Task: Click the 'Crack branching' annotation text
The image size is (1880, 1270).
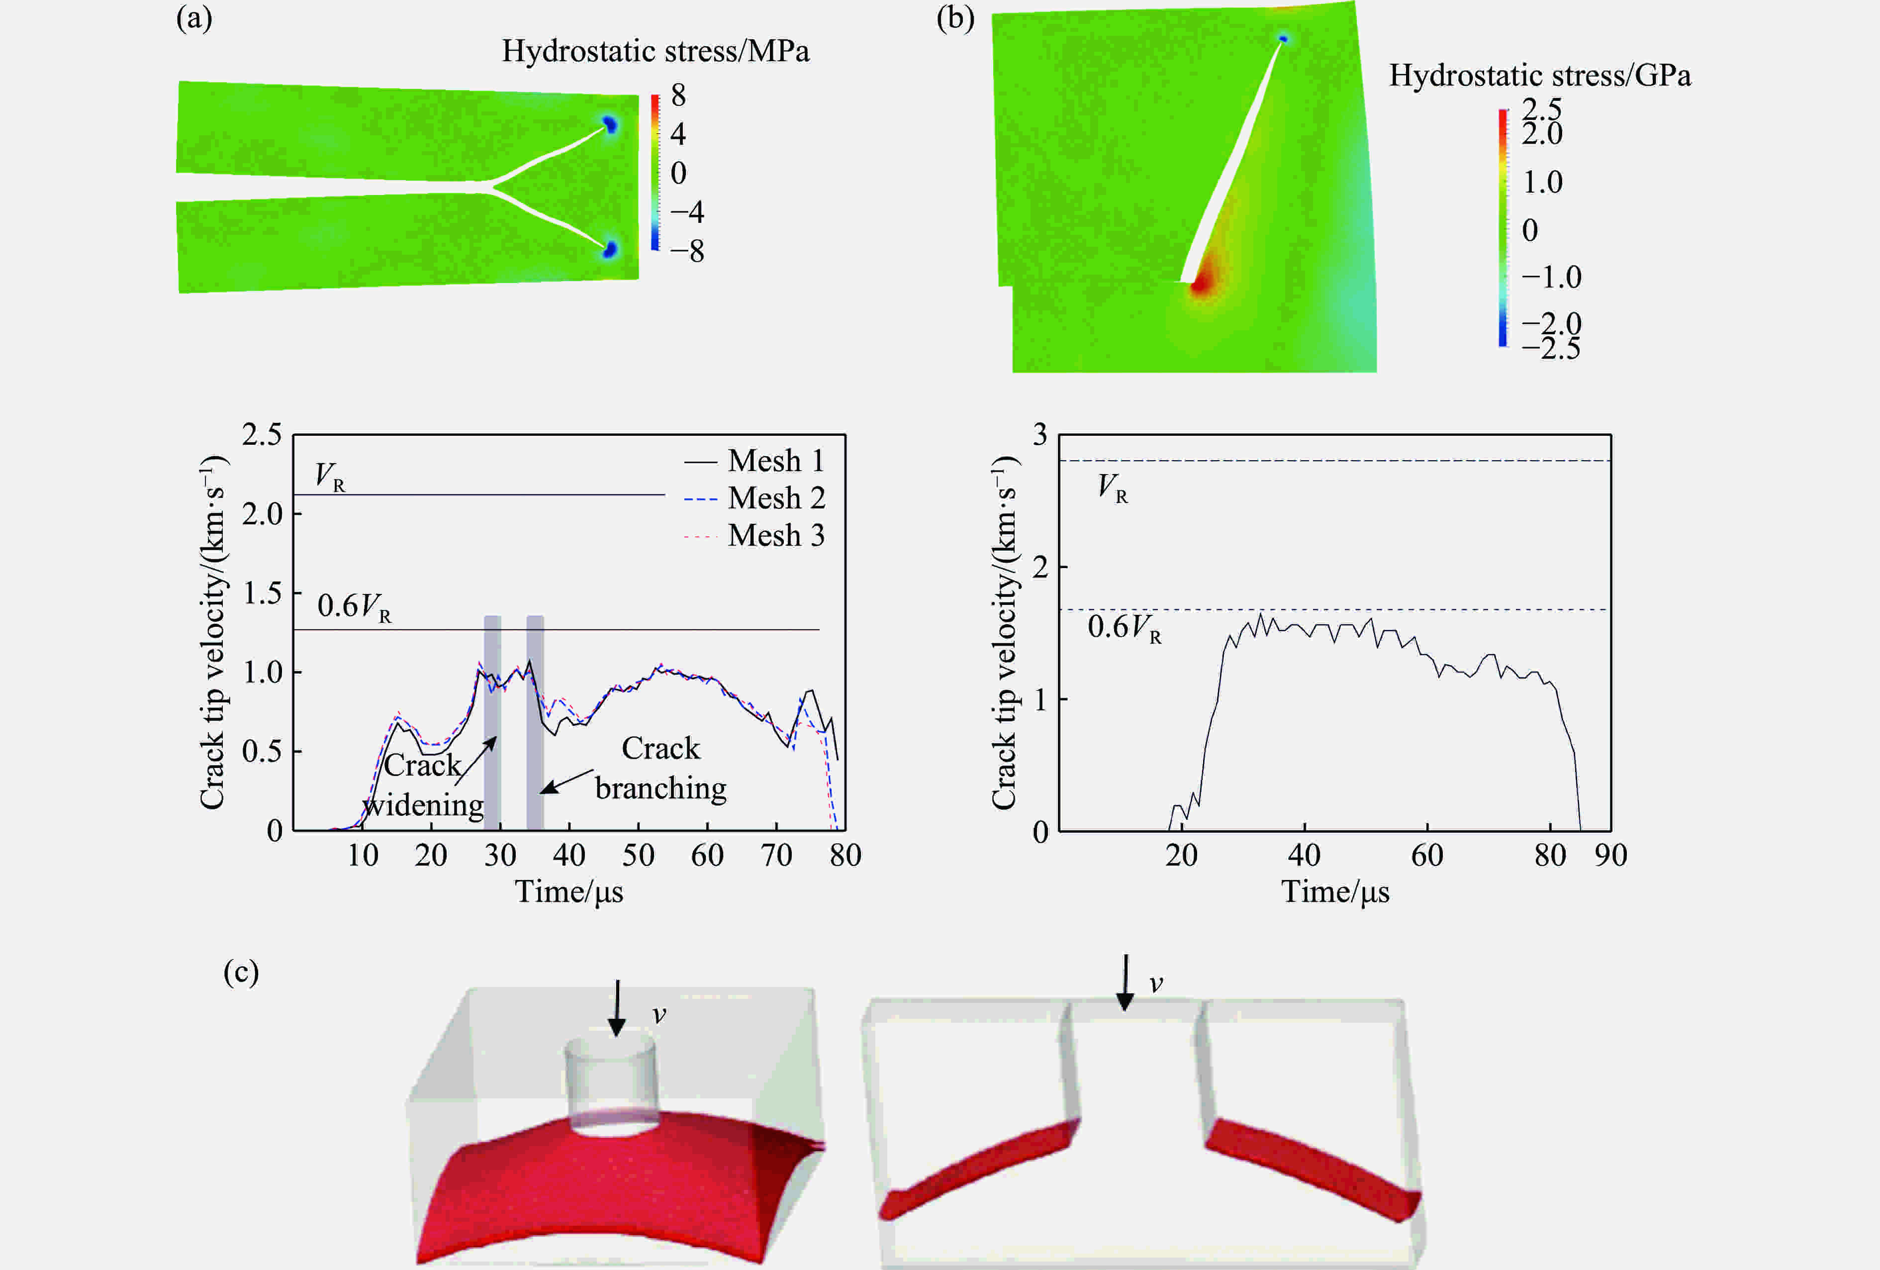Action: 661,769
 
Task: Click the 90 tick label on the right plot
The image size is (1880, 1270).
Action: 1610,855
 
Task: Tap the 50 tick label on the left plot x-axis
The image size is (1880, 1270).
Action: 638,855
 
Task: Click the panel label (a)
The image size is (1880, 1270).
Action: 194,18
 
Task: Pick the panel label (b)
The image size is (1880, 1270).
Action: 954,18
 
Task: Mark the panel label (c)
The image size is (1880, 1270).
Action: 241,972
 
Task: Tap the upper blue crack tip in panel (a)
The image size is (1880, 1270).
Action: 610,124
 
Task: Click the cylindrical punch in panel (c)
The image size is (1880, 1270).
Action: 611,1084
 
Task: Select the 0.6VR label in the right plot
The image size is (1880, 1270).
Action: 1124,628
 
